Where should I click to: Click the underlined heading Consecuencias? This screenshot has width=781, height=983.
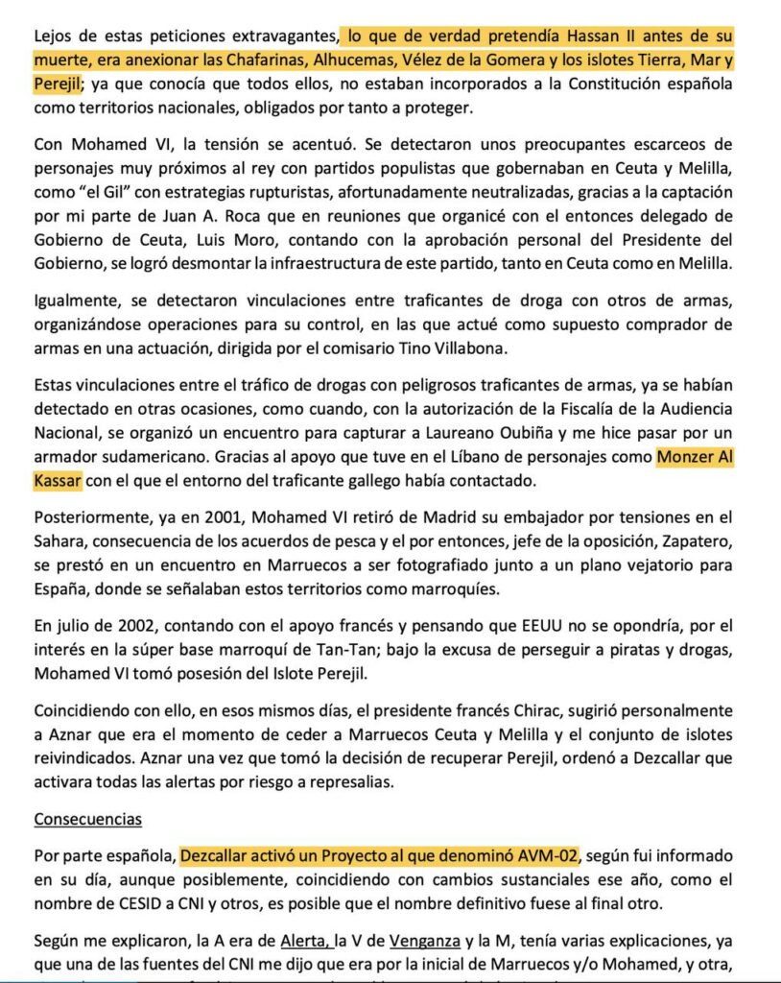pyautogui.click(x=88, y=819)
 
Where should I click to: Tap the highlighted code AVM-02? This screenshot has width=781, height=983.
pyautogui.click(x=546, y=852)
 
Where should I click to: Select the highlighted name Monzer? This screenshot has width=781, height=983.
pyautogui.click(x=689, y=456)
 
